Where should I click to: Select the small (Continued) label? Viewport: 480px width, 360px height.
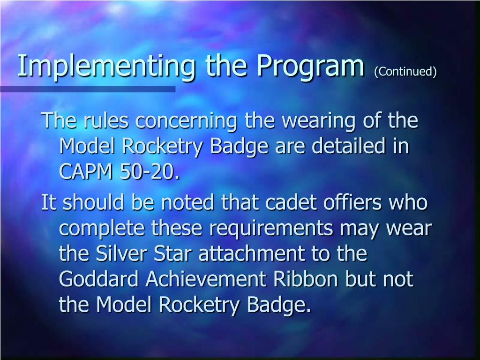point(405,72)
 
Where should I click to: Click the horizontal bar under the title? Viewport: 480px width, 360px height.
point(88,89)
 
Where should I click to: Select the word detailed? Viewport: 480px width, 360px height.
point(350,147)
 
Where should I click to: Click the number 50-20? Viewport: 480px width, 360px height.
point(150,172)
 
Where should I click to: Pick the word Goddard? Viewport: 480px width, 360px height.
point(99,280)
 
